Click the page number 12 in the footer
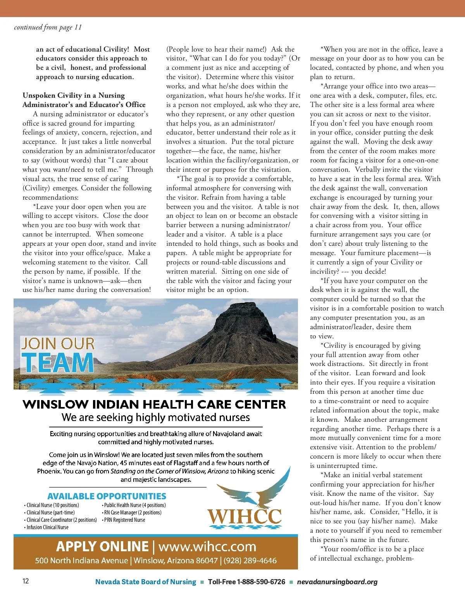(x=26, y=581)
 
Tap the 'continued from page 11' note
(x=48, y=27)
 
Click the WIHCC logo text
(x=245, y=517)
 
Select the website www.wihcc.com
(x=207, y=547)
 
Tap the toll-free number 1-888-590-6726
(x=261, y=582)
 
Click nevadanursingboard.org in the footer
(x=337, y=582)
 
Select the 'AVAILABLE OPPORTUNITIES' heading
(x=107, y=496)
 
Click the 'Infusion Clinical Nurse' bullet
(x=47, y=527)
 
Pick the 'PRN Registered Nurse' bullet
(x=124, y=520)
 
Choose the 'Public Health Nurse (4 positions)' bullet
(x=134, y=505)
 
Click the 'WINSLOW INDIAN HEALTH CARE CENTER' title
(x=154, y=404)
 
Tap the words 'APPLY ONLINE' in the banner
(x=102, y=547)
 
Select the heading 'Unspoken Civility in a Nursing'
(x=74, y=95)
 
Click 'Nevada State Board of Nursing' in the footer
(x=146, y=582)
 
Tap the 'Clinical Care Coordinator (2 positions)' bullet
(x=62, y=520)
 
